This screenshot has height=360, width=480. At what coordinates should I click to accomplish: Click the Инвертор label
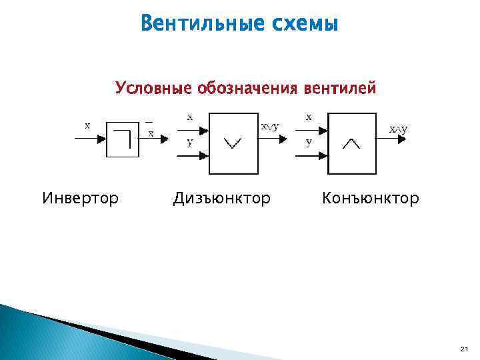click(80, 198)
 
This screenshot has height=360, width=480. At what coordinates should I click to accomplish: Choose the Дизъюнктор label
click(222, 198)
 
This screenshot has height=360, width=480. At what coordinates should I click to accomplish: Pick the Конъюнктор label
click(371, 198)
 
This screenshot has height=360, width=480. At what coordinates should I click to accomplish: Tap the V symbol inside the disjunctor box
click(233, 142)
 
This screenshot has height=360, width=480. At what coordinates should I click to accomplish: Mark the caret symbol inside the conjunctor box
click(351, 142)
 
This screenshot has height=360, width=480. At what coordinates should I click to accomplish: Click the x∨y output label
click(270, 126)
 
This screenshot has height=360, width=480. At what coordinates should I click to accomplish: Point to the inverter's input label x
click(87, 125)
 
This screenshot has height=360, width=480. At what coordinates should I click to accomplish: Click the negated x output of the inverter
click(150, 131)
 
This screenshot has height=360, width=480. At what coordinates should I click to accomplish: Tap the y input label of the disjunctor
click(189, 142)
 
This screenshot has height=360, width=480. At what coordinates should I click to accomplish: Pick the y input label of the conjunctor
click(308, 141)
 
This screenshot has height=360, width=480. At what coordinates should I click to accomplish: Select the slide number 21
click(464, 349)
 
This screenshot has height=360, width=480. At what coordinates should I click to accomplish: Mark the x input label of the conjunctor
click(308, 116)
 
